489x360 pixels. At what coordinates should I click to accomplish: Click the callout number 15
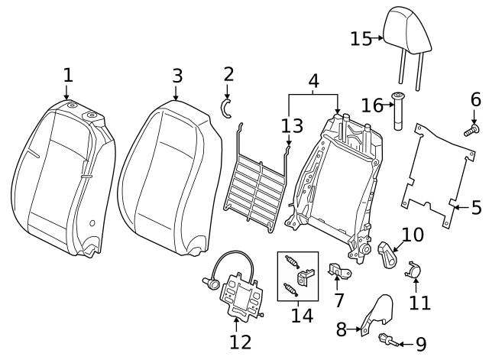click(360, 38)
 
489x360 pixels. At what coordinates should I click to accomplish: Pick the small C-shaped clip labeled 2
click(227, 108)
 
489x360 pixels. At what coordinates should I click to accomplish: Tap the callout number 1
click(68, 75)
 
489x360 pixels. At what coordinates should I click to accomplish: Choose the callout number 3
click(176, 76)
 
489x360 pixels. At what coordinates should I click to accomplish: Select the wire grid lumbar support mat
click(255, 183)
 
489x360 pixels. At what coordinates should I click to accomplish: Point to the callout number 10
click(412, 234)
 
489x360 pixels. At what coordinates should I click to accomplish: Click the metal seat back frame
click(336, 183)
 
